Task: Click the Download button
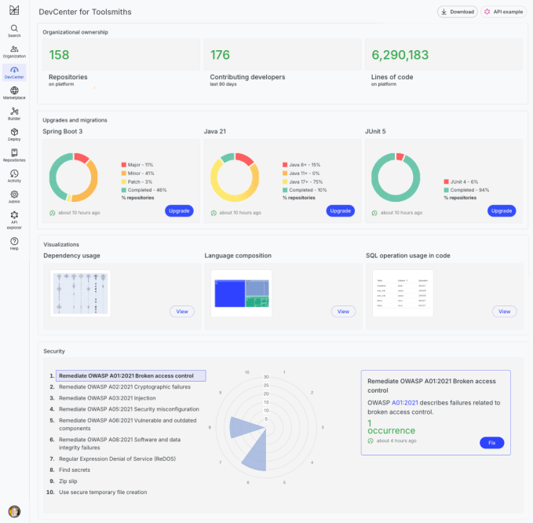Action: click(x=457, y=12)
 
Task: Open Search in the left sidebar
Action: click(x=14, y=31)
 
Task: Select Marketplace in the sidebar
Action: click(x=14, y=93)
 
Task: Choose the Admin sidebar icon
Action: click(x=14, y=196)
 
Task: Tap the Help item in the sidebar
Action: click(x=14, y=243)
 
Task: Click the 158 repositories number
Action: click(x=60, y=55)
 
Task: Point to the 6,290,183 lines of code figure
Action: click(x=400, y=55)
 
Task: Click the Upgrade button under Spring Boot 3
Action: click(x=179, y=210)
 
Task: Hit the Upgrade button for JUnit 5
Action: click(x=501, y=210)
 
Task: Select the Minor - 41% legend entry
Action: click(x=141, y=173)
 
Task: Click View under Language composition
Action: click(x=343, y=312)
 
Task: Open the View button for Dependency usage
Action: click(x=182, y=312)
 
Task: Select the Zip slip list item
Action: click(x=69, y=481)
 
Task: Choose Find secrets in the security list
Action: click(x=75, y=469)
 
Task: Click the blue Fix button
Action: click(x=491, y=443)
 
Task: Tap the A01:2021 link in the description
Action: click(x=405, y=403)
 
